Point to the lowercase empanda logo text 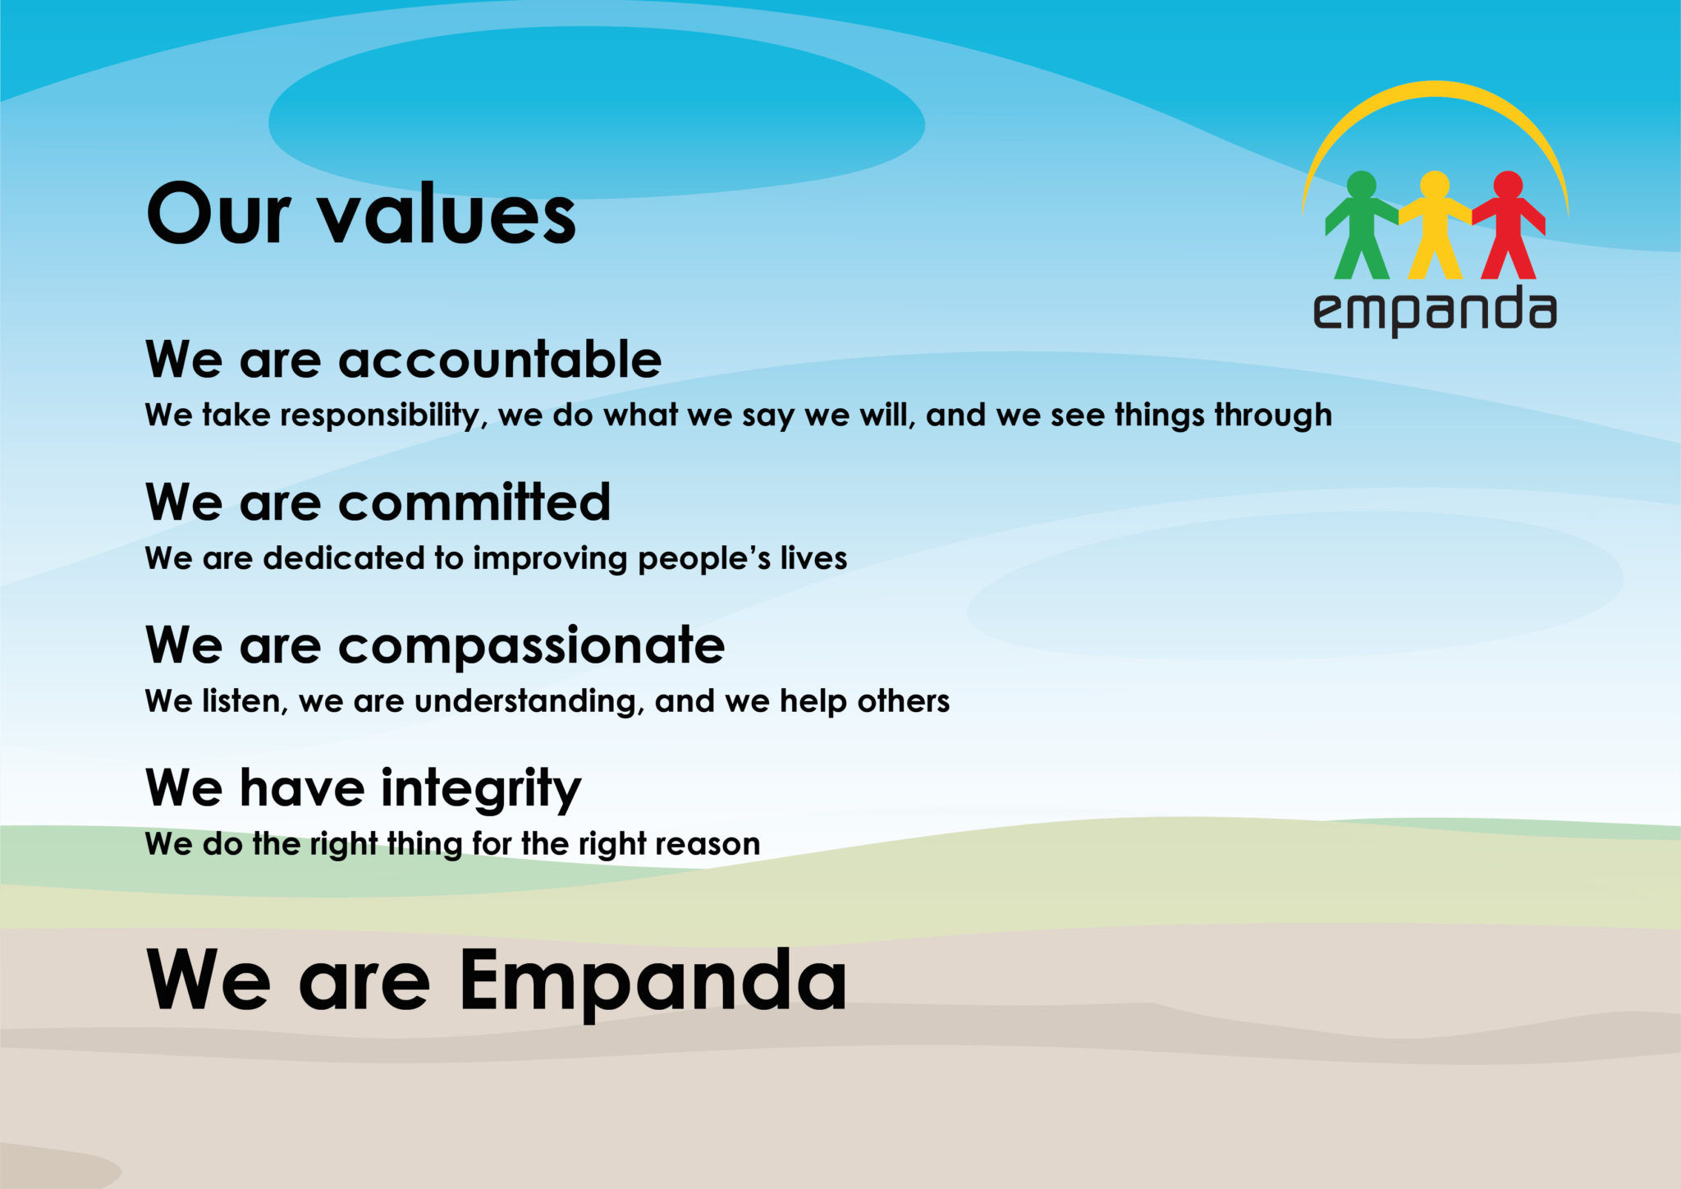point(1434,311)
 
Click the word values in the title point(447,214)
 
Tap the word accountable point(499,360)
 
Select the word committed point(474,503)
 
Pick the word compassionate point(531,645)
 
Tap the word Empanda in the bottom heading point(653,981)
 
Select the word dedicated point(343,558)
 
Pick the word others point(903,701)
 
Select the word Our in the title point(218,214)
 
